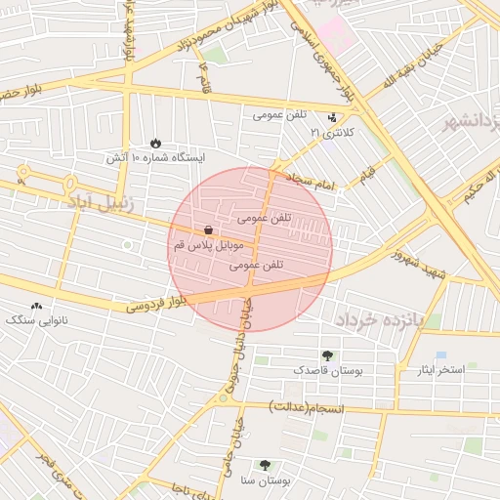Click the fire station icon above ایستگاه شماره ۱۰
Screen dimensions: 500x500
coord(157,144)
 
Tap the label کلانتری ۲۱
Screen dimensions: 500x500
coord(331,131)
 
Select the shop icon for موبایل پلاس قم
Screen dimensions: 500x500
coord(208,231)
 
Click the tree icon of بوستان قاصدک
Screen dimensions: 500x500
coord(326,356)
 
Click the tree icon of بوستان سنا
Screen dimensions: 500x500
coord(265,466)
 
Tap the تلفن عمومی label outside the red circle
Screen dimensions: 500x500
coord(281,115)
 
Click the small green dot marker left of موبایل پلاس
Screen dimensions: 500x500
coord(127,244)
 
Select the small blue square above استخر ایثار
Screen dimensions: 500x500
coord(440,354)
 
